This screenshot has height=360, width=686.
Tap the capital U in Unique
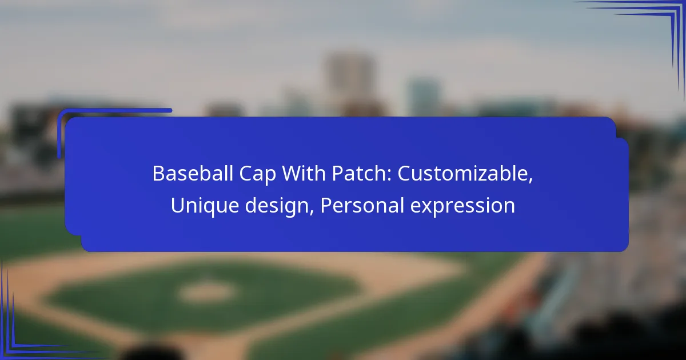tap(177, 206)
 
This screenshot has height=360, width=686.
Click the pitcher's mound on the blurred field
tap(206, 291)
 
